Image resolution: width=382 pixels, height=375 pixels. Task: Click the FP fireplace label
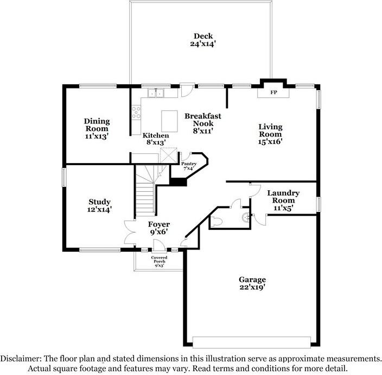(273, 92)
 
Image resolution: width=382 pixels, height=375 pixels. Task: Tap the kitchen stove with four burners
(136, 112)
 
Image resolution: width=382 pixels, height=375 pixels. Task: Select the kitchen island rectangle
(169, 121)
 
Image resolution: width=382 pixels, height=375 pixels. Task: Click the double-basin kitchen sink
(156, 93)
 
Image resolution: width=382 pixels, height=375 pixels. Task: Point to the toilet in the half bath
(216, 222)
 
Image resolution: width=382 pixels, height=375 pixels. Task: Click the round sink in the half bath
(246, 217)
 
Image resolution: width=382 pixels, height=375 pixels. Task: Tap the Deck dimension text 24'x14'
(203, 44)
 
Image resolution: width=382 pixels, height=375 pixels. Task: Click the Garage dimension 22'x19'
(252, 287)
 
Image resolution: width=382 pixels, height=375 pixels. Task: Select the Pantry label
(189, 164)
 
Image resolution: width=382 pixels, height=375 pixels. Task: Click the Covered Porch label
(159, 259)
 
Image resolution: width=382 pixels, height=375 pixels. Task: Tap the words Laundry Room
(283, 197)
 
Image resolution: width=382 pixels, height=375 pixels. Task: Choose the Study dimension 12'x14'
(99, 209)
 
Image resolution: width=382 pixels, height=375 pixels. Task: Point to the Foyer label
(159, 224)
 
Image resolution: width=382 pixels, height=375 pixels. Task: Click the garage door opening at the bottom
(251, 342)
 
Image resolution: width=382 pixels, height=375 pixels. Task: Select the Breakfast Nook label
(203, 120)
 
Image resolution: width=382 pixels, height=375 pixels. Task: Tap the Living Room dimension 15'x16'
(270, 141)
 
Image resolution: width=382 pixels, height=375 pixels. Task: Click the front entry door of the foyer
(160, 245)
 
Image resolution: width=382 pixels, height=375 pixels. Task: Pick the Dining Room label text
(97, 124)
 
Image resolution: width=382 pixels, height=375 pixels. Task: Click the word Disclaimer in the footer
(21, 358)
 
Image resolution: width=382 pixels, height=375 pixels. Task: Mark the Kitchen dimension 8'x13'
(156, 142)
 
